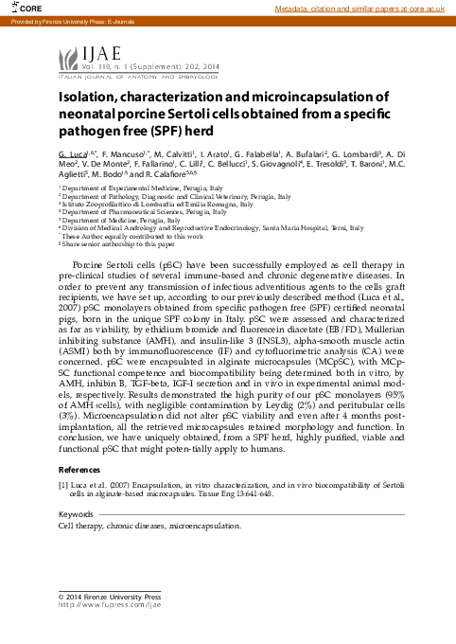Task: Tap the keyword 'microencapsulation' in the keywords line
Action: click(204, 524)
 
